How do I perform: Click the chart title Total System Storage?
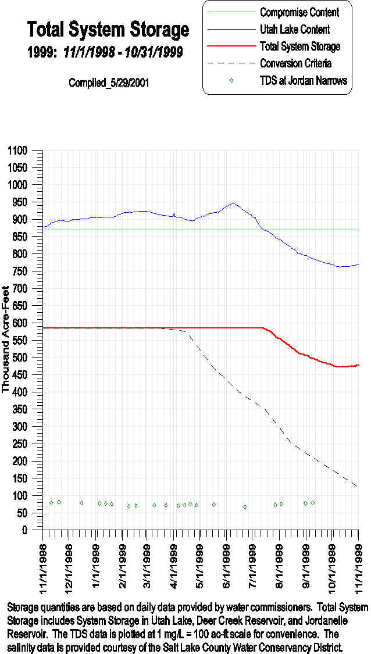pyautogui.click(x=108, y=29)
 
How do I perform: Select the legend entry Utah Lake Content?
pyautogui.click(x=295, y=29)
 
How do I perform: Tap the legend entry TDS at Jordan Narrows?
pyautogui.click(x=304, y=80)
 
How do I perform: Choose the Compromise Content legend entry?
pyautogui.click(x=299, y=12)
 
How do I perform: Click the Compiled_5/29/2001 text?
pyautogui.click(x=109, y=83)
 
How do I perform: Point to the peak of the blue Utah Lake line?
pyautogui.click(x=233, y=203)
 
